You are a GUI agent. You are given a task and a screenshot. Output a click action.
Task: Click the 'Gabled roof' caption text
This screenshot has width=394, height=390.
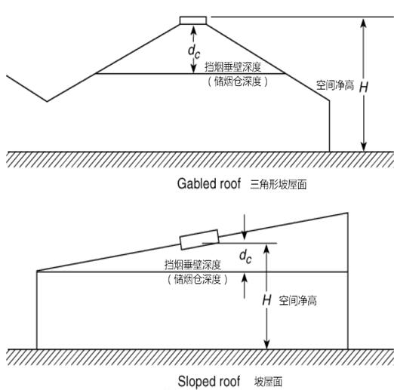point(209,183)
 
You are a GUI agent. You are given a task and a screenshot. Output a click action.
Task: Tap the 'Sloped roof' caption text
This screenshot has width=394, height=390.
point(209,381)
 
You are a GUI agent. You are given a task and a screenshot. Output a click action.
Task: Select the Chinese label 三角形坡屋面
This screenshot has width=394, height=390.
point(279,184)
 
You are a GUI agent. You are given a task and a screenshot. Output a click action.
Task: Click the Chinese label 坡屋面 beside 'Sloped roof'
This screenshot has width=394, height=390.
point(268,382)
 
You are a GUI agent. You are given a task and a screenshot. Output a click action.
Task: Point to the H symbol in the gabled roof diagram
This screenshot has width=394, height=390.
point(364,88)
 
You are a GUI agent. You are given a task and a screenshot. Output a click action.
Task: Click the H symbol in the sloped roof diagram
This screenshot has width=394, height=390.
point(266,300)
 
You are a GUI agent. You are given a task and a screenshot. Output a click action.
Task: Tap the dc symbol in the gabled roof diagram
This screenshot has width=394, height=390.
point(194,51)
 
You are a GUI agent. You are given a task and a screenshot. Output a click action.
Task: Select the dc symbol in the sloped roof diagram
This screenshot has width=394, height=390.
point(245,256)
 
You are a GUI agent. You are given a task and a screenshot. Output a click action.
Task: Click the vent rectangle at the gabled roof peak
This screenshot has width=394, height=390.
point(193,20)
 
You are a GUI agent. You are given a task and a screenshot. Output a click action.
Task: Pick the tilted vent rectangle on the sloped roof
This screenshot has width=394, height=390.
point(199,239)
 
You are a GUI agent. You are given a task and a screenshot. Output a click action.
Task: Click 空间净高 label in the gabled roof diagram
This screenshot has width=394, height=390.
point(335,85)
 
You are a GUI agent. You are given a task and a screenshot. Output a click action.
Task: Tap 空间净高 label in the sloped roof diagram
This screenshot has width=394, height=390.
point(297,300)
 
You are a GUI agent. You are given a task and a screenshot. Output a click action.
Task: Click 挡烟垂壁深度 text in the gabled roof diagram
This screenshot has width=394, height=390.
point(233,67)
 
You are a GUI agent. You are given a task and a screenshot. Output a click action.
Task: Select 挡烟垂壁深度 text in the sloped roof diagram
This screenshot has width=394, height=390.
point(192,265)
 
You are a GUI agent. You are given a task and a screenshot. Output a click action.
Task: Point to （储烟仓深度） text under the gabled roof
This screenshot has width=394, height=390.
point(238,81)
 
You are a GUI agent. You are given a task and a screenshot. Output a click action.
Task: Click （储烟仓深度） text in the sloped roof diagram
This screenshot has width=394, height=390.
point(197,279)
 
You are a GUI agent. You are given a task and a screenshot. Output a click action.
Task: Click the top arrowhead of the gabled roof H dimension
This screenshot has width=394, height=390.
point(364,21)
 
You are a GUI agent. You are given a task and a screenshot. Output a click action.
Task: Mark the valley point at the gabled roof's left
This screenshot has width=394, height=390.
point(47,101)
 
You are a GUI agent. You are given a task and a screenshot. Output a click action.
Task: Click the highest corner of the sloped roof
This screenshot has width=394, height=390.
point(348,213)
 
